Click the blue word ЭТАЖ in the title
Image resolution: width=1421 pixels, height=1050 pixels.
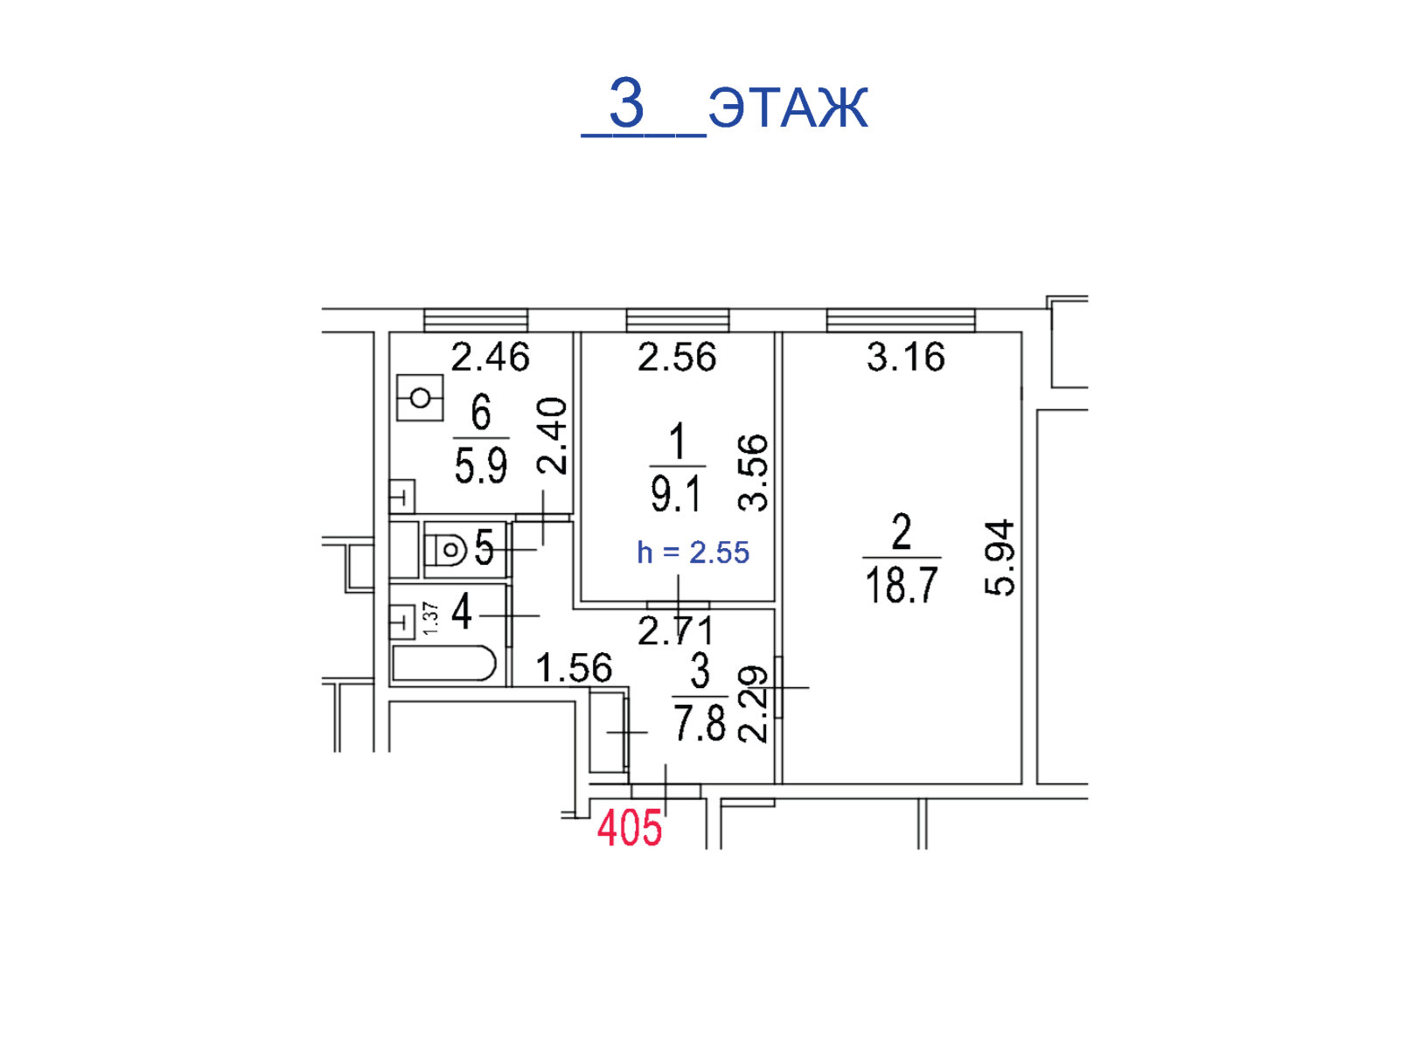[788, 107]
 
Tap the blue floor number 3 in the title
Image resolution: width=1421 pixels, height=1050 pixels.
[626, 102]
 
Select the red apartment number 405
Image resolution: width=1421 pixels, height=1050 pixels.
[629, 828]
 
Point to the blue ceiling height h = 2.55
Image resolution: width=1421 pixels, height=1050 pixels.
[693, 553]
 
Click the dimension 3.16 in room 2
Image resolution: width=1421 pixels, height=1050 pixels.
[905, 357]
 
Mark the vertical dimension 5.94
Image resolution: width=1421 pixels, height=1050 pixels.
[1000, 558]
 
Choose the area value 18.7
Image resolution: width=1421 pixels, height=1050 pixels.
[902, 584]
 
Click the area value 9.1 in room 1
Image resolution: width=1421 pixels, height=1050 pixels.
[676, 493]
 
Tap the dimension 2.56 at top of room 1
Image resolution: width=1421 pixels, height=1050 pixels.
[677, 357]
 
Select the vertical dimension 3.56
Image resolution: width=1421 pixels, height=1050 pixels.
[752, 473]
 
